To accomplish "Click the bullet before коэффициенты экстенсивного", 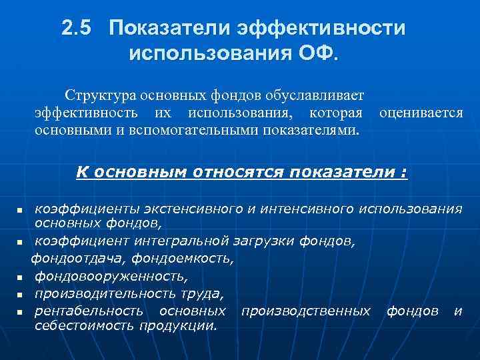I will (20, 211).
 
